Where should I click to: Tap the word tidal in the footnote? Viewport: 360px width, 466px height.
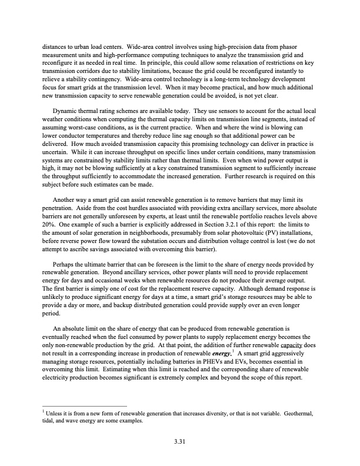[x=47, y=421]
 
